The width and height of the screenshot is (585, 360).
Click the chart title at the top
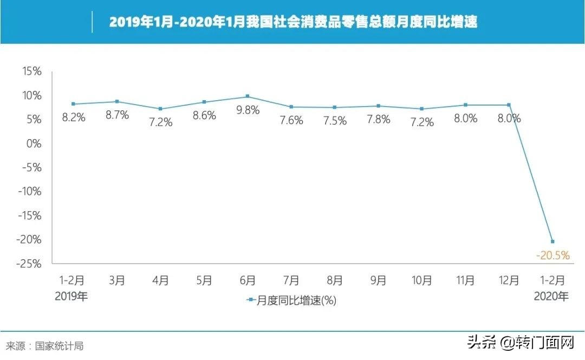[293, 22]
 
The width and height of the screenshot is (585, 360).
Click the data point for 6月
[248, 96]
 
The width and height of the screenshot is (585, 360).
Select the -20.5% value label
[552, 255]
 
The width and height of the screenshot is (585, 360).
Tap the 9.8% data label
[248, 110]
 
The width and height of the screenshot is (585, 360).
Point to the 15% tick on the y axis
[31, 71]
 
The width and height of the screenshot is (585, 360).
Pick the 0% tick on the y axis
[33, 143]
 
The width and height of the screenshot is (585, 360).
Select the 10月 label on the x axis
[421, 280]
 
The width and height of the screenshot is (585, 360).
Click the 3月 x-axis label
[117, 280]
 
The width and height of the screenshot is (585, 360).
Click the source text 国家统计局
[59, 346]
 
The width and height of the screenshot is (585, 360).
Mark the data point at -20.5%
[552, 241]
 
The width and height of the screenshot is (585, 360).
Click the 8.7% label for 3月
[117, 115]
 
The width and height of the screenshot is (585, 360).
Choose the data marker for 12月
[509, 105]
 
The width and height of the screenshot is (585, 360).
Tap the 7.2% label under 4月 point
[161, 122]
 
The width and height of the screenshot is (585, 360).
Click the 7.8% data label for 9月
[378, 119]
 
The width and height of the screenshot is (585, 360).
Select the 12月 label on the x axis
[509, 280]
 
